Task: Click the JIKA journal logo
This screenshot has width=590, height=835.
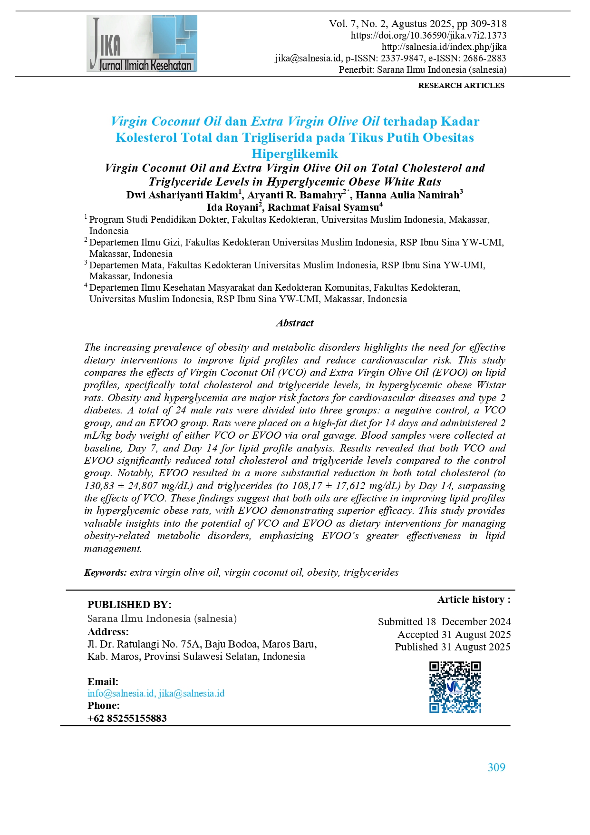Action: (142, 44)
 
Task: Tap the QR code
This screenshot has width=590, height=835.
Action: (455, 687)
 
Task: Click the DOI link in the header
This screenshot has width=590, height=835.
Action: (428, 35)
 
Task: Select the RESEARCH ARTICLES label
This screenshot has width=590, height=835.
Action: (461, 86)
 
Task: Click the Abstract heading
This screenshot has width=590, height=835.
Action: (295, 323)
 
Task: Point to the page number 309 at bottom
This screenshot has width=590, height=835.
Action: (496, 767)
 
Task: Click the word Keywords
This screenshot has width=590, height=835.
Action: (105, 572)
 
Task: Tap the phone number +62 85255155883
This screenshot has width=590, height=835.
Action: (127, 718)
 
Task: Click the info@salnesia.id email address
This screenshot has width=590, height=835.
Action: (121, 693)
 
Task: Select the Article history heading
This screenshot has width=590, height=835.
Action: (474, 599)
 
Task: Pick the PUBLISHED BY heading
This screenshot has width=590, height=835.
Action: (129, 605)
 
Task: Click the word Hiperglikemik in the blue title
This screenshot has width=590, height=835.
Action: (295, 154)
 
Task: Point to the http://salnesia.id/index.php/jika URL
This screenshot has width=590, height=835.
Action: (444, 47)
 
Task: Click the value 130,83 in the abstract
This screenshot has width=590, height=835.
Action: (99, 486)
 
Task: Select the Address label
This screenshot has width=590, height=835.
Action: (108, 632)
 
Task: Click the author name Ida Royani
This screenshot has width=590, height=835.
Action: (232, 207)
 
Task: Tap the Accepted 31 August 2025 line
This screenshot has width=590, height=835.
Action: (454, 635)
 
